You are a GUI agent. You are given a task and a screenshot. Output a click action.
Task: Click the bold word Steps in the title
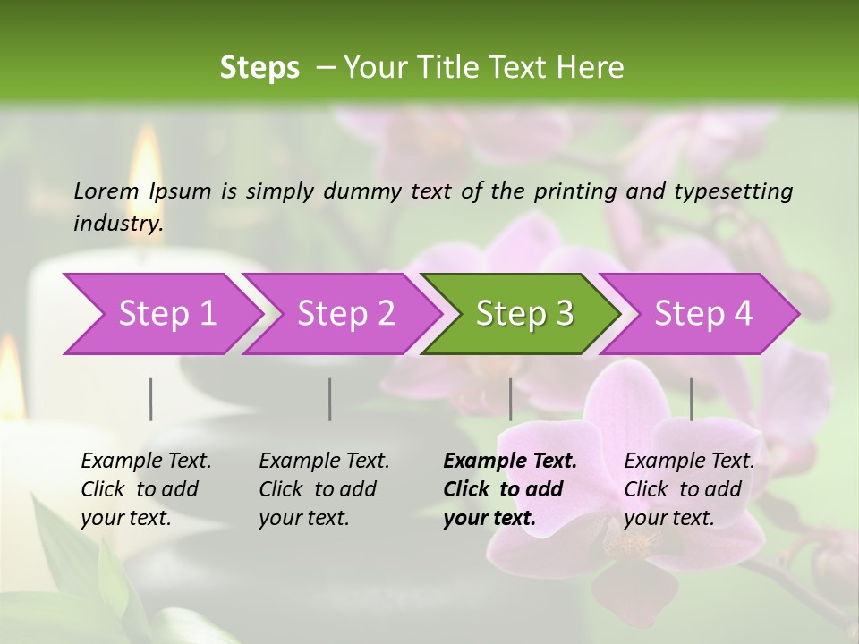coord(259,68)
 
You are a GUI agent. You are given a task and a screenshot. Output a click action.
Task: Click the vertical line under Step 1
coord(151,399)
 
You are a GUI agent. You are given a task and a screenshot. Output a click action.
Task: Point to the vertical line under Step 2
coord(330,399)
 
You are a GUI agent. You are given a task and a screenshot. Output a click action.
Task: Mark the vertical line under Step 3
coord(510,399)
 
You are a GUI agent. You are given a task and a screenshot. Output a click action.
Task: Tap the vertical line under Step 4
coord(691,399)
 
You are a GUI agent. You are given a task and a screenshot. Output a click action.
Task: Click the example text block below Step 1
coord(146,489)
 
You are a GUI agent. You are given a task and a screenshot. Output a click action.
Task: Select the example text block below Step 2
coord(324,489)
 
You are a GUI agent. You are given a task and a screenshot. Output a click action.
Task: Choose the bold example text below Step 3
coord(510,489)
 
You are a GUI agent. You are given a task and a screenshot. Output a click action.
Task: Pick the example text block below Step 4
coord(689,489)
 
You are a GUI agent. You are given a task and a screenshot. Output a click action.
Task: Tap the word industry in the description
coord(118,224)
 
